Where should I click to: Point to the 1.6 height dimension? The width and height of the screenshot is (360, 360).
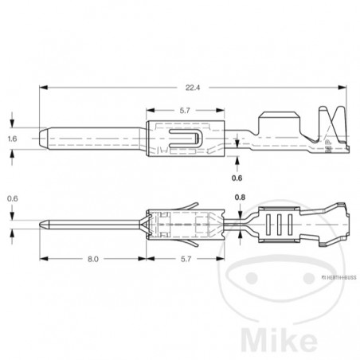coord(12,139)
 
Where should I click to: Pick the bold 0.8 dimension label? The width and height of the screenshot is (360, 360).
coord(240,197)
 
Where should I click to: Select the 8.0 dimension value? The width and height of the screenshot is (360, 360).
coord(93,260)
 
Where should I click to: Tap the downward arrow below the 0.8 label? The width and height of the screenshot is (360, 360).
coord(240,210)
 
